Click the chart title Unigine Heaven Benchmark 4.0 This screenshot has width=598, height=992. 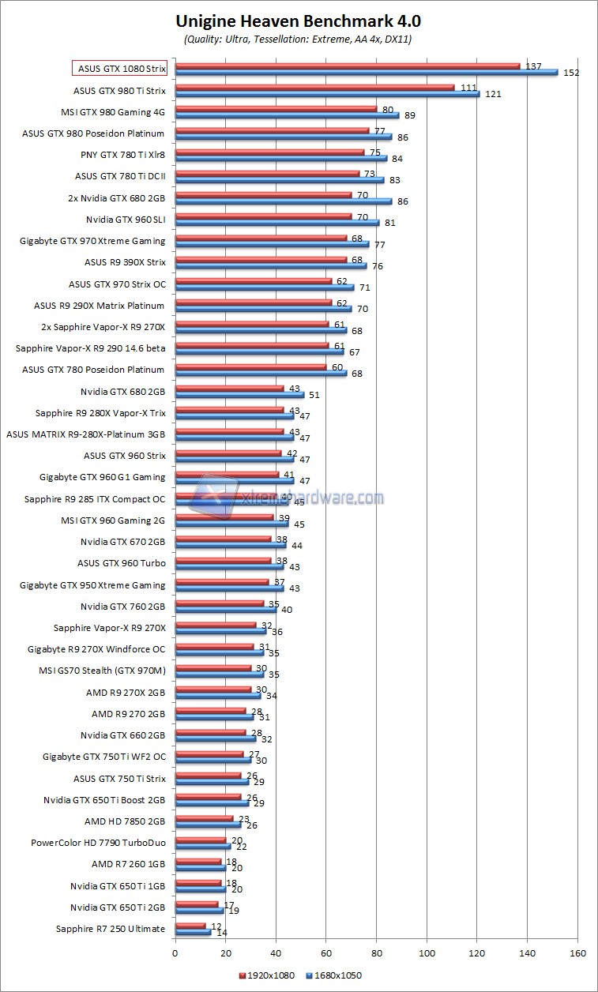(298, 21)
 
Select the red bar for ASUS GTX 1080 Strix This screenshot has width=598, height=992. (348, 66)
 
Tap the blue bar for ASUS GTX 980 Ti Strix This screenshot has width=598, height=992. (327, 94)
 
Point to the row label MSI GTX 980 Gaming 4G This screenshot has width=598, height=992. (113, 112)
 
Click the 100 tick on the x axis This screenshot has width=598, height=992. (427, 953)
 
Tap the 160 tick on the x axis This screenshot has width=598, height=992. (577, 953)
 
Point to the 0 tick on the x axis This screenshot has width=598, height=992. (175, 953)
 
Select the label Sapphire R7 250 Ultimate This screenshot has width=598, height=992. (111, 929)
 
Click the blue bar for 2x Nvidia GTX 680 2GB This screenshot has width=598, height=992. (283, 201)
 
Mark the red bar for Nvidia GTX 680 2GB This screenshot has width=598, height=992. (229, 389)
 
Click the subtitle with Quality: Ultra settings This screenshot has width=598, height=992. (298, 38)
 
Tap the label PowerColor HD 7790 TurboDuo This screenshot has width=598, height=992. (98, 843)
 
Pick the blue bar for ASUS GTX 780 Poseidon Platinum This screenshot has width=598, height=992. (260, 373)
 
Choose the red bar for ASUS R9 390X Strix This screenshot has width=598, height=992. (260, 259)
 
